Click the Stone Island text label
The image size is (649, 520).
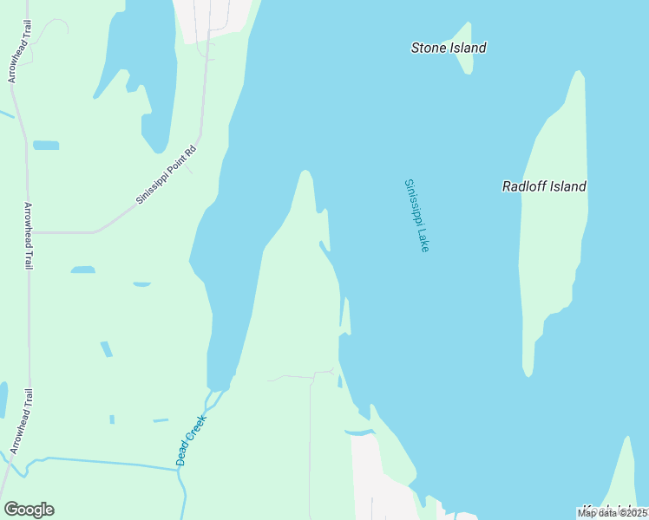click(448, 48)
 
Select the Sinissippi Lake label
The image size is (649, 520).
click(416, 216)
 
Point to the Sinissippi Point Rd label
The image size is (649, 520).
click(167, 174)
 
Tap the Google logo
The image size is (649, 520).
click(29, 510)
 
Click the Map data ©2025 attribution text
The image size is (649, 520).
click(612, 513)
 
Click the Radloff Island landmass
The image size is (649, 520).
click(555, 251)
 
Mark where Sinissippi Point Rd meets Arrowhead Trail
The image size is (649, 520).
click(29, 232)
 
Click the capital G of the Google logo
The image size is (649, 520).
click(10, 510)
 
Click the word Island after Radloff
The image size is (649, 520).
click(567, 186)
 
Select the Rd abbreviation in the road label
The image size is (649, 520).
click(192, 150)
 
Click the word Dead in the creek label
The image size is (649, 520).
click(183, 454)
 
